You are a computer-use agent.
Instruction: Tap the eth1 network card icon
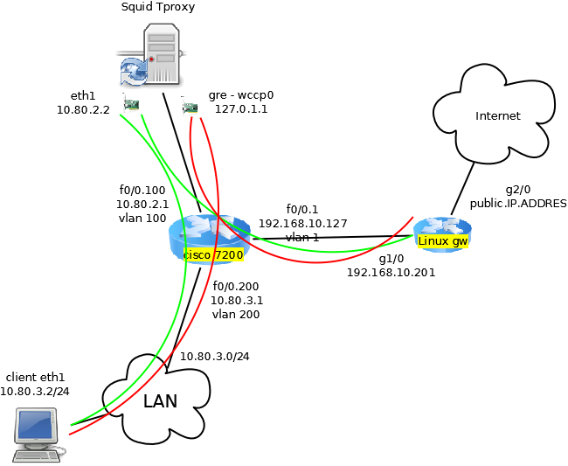coord(132,106)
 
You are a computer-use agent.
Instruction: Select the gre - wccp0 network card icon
coord(190,107)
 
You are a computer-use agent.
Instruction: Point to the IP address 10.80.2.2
coord(83,110)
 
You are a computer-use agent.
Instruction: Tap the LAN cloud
coord(160,401)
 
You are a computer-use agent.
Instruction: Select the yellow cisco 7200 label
coord(213,254)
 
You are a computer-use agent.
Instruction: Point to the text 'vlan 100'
coord(142,218)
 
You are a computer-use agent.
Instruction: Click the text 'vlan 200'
coord(236,314)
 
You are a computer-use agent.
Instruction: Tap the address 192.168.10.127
coord(302,223)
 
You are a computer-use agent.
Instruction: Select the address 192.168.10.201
coord(391,273)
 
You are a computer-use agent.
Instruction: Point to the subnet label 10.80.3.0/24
coord(215,356)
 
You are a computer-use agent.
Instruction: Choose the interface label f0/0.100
coord(142,190)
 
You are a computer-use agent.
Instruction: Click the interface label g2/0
coord(518,189)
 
